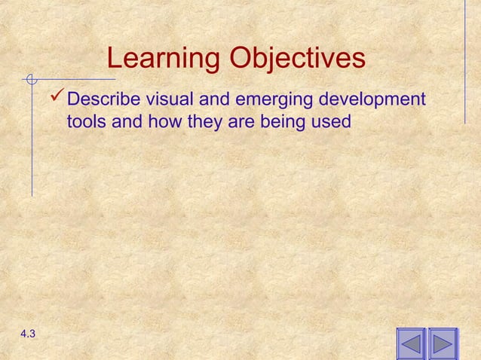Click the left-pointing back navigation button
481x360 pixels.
point(410,344)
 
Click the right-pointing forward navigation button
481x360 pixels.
point(443,344)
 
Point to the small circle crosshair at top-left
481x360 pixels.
point(31,78)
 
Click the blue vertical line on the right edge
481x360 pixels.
point(464,60)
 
